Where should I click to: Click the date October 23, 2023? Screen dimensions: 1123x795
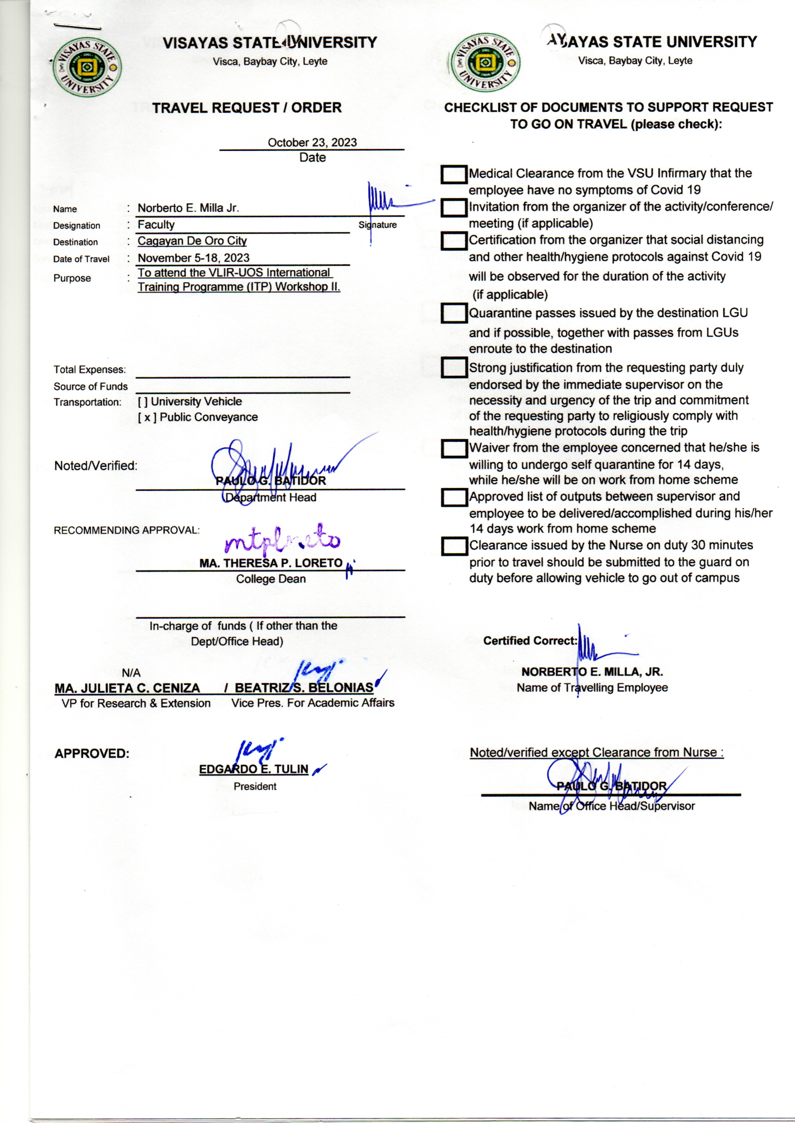tap(312, 142)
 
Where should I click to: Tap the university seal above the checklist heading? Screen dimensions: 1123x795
tap(485, 62)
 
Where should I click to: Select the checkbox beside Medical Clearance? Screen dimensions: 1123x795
tap(454, 175)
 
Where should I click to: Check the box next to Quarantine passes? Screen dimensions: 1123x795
tap(454, 313)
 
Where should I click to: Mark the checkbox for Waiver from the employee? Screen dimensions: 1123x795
tap(454, 448)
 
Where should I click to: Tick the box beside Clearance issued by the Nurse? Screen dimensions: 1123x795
tap(454, 546)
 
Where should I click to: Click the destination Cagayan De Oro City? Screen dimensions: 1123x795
tap(192, 241)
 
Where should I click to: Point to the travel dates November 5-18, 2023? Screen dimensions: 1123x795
tap(193, 258)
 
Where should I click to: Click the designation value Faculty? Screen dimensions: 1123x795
tap(156, 224)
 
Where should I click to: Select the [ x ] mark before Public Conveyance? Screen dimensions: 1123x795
tap(147, 417)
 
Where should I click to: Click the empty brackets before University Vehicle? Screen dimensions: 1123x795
tap(142, 402)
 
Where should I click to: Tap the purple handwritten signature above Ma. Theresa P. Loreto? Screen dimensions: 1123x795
tap(282, 540)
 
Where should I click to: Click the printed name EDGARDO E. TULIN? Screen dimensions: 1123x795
tap(254, 769)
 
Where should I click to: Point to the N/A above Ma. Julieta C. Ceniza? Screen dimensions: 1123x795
tap(131, 672)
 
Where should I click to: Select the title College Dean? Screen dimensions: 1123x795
tap(271, 579)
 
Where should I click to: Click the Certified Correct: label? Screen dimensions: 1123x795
tap(530, 641)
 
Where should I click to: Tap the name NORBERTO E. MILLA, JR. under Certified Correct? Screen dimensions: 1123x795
tap(592, 671)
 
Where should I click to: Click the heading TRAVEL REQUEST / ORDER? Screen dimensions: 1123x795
tap(247, 108)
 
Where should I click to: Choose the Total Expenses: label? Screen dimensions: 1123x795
tap(89, 370)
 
